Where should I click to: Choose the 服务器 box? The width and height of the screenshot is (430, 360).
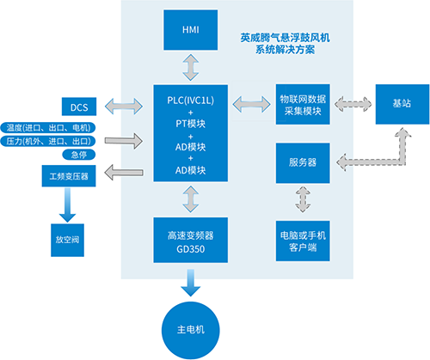[x=301, y=162]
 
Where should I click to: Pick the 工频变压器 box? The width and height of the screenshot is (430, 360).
[x=71, y=177]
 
